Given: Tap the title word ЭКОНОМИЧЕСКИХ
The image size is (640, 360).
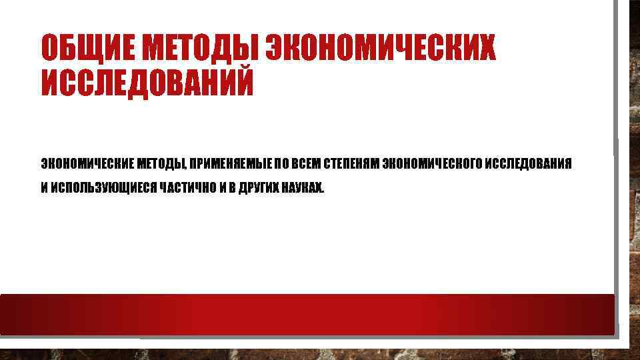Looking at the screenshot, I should (381, 48).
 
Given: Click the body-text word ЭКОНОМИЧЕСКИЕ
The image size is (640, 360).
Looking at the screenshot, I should (87, 164).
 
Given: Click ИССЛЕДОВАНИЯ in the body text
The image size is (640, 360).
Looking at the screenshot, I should (528, 164).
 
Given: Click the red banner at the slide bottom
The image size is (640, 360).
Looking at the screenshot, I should (307, 314).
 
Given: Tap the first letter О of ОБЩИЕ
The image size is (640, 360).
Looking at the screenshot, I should (51, 48).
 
